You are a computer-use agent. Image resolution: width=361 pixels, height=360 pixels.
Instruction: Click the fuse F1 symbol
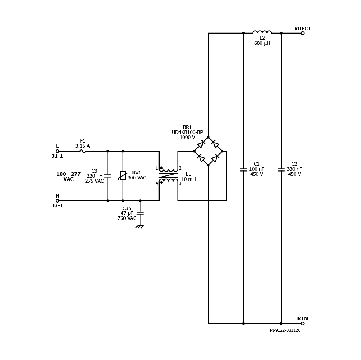click(x=83, y=151)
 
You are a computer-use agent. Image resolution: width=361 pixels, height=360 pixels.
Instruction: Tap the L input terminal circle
click(x=57, y=151)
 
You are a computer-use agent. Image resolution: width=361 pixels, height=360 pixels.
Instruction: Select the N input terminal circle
click(x=57, y=201)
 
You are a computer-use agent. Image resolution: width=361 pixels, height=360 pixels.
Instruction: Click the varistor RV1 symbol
click(x=123, y=176)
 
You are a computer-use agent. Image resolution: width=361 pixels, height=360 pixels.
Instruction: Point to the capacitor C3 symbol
click(x=108, y=176)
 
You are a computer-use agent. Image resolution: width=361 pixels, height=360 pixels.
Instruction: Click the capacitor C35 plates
click(x=140, y=213)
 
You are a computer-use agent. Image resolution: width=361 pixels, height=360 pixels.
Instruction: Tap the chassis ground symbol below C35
click(x=139, y=227)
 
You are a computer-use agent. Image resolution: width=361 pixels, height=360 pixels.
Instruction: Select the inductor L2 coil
click(x=262, y=32)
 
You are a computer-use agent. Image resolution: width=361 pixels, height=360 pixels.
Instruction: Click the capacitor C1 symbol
click(x=243, y=170)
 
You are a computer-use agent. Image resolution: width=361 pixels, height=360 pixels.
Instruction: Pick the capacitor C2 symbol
click(x=281, y=170)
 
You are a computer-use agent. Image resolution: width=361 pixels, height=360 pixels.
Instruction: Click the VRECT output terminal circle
click(x=303, y=33)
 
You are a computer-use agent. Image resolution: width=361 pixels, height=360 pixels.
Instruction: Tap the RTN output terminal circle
click(x=303, y=324)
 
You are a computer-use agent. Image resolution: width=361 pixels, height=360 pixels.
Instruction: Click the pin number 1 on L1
click(x=157, y=168)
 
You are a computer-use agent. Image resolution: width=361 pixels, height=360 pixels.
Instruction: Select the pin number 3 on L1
click(x=180, y=183)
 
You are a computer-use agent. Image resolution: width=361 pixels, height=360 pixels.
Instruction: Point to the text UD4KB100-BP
click(x=187, y=132)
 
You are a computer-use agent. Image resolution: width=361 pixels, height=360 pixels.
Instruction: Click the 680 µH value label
click(x=262, y=43)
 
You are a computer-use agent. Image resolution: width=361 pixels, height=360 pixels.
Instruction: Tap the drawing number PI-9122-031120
click(x=285, y=330)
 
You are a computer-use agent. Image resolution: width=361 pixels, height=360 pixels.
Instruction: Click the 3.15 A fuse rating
click(x=82, y=146)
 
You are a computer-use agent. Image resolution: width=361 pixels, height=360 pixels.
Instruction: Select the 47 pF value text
click(x=127, y=213)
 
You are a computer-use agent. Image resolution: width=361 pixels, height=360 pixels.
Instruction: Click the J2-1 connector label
click(x=57, y=205)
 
